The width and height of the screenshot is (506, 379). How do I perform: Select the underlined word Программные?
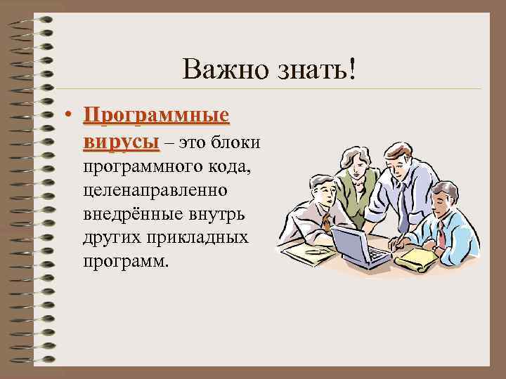click(x=156, y=115)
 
